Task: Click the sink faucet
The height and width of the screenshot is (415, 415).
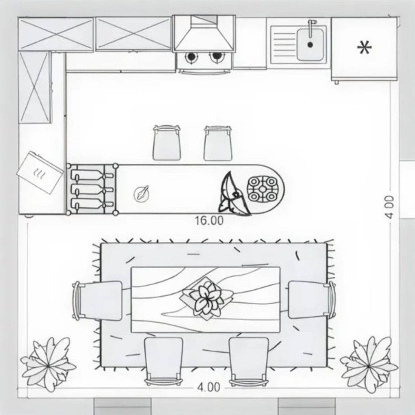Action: click(311, 28)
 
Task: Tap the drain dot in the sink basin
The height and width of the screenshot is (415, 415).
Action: click(310, 45)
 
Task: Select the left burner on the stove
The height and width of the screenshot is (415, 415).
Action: click(191, 56)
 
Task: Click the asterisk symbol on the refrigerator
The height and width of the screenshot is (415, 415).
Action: click(365, 48)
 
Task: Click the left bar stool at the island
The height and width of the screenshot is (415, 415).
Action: click(167, 143)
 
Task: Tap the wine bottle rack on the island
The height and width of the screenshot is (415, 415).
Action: click(92, 190)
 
